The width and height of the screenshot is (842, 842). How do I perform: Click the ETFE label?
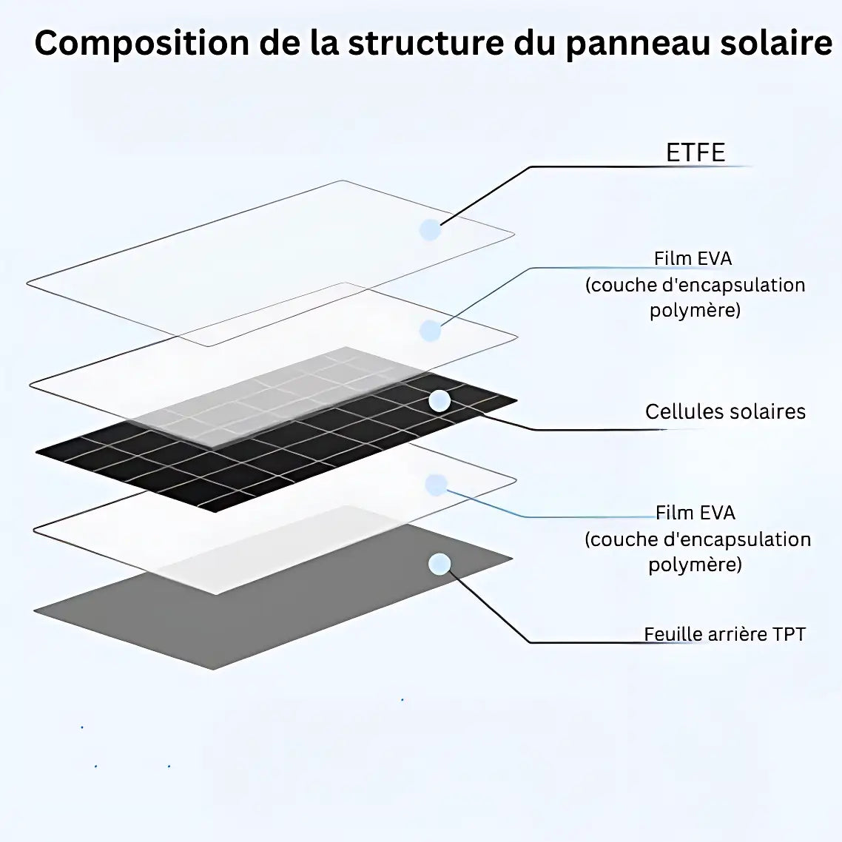(x=696, y=152)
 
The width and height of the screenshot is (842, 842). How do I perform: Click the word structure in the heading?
(x=427, y=43)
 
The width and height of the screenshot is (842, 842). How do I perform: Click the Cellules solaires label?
(x=725, y=411)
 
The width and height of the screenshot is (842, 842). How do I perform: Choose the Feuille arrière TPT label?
(x=724, y=634)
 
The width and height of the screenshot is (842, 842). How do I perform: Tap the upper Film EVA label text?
(x=693, y=258)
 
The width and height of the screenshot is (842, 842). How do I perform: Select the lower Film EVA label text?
(x=696, y=513)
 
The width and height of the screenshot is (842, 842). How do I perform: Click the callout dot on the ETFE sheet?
(x=430, y=229)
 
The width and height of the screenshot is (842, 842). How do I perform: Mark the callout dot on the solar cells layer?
(x=439, y=401)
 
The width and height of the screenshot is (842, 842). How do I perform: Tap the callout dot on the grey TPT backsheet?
(x=439, y=565)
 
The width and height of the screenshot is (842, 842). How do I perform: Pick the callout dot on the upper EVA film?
(x=430, y=331)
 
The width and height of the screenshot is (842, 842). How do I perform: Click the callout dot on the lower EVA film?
(x=437, y=485)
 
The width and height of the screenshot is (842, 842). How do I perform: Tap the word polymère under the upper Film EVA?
(x=695, y=310)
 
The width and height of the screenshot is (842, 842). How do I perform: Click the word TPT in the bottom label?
(x=788, y=634)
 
